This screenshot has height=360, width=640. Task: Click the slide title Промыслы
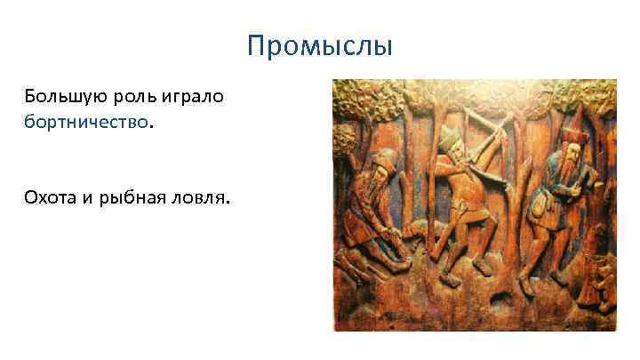click(319, 44)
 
